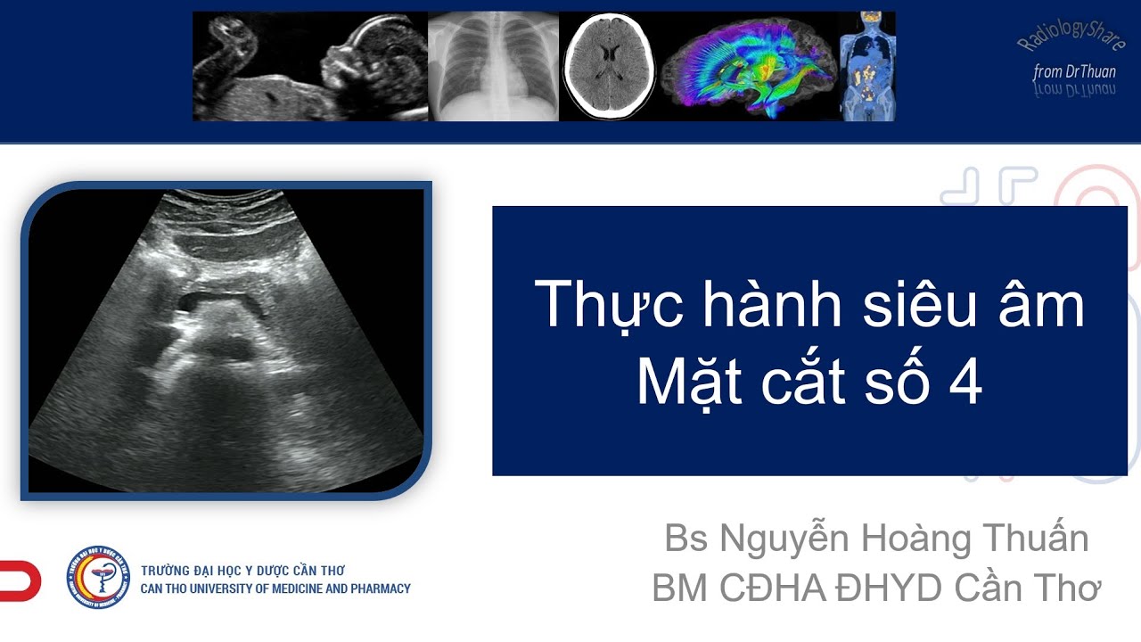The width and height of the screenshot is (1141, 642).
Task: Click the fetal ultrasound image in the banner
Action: (310, 67)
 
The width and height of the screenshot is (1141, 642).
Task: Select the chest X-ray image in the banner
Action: (493, 67)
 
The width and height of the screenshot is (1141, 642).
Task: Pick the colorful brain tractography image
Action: (750, 67)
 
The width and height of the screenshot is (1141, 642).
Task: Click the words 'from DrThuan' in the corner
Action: (1074, 71)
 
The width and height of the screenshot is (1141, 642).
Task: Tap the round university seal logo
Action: (98, 577)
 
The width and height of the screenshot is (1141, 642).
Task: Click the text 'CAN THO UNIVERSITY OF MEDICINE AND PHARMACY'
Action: (275, 588)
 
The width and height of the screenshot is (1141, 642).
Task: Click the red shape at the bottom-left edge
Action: (20, 580)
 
